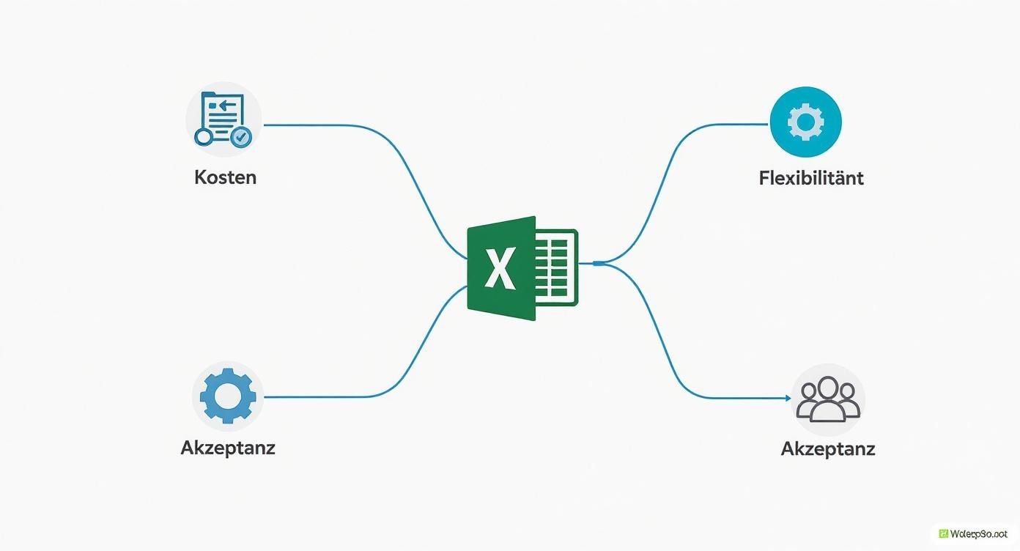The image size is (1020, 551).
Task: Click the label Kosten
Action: [225, 177]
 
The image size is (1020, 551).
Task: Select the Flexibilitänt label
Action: [811, 178]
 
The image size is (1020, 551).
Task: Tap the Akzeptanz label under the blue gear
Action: [228, 447]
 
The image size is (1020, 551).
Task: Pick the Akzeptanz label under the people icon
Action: [828, 448]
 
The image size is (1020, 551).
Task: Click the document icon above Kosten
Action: [223, 117]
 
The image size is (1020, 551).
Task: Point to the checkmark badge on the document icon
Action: [240, 136]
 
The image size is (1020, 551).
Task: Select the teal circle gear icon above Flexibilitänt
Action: [805, 122]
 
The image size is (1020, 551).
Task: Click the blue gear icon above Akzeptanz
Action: [228, 396]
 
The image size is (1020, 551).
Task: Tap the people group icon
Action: [828, 400]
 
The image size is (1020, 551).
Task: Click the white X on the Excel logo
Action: [500, 269]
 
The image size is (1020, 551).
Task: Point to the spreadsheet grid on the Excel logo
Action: [556, 267]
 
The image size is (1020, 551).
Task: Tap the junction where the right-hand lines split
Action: [598, 262]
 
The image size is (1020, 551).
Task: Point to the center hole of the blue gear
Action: [228, 396]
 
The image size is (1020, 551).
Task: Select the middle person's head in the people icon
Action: [828, 387]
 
